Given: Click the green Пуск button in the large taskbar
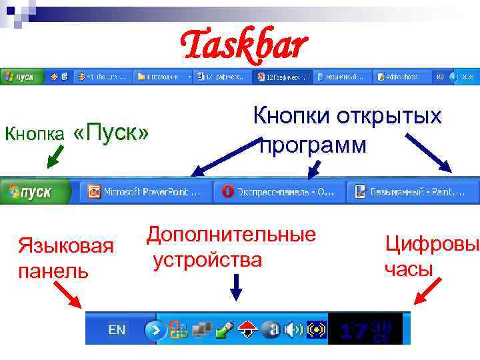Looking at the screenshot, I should (x=37, y=192).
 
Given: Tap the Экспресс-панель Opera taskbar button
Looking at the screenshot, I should (x=279, y=192).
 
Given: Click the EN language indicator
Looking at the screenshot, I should (x=117, y=329).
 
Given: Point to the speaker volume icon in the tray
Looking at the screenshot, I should (x=294, y=329).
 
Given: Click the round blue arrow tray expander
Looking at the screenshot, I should (x=155, y=329).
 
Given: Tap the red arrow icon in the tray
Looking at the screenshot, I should (x=248, y=329).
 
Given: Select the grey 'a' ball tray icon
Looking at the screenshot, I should (x=271, y=329).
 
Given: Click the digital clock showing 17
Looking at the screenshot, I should (x=365, y=329).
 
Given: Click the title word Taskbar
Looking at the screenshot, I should (x=244, y=45).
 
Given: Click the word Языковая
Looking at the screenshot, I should (x=65, y=246).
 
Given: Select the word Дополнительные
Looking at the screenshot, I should (x=231, y=235).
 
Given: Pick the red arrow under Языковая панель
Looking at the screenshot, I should (x=68, y=294).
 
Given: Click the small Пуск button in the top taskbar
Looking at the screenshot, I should (x=22, y=77).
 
